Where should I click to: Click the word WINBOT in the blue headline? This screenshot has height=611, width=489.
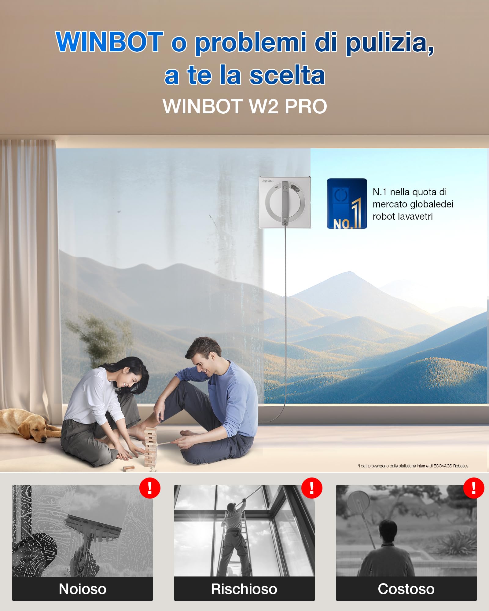[109, 42]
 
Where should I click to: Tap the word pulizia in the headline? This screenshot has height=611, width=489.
[389, 43]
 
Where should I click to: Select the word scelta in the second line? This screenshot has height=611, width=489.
[287, 75]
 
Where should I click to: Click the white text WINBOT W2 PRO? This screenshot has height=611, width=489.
[245, 106]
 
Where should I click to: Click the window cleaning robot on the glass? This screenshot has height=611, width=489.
[285, 202]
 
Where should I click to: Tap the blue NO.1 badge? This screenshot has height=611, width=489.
[347, 204]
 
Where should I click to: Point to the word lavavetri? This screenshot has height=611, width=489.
[403, 216]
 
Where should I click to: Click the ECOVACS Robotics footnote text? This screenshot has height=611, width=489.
[413, 466]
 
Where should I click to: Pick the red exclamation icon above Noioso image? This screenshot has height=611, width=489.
[150, 488]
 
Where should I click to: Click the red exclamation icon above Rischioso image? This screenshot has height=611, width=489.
[312, 488]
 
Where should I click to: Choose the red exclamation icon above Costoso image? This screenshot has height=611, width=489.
[474, 488]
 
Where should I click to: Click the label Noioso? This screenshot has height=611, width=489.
[83, 589]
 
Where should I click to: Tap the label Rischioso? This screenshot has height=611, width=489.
[244, 589]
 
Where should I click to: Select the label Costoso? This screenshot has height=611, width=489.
[406, 589]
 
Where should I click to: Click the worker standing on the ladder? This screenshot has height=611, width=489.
[234, 538]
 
